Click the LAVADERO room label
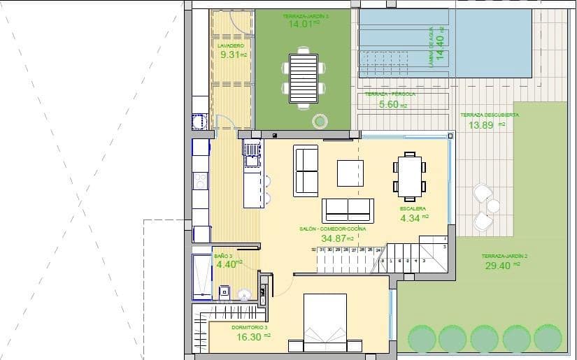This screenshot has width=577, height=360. [230, 45]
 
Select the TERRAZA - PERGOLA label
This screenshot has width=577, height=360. [390, 94]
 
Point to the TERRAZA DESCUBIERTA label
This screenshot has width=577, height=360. [489, 115]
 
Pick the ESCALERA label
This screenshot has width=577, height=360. [413, 209]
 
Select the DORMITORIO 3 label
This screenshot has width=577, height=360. [249, 327]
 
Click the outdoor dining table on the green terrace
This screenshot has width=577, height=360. [304, 78]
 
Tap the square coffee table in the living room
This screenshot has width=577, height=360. [350, 173]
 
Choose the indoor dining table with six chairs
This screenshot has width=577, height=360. [408, 174]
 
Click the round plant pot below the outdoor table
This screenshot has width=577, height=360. [320, 121]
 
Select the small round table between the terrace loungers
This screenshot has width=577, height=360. [494, 206]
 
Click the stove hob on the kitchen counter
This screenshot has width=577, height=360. [201, 181]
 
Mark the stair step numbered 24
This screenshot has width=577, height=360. [378, 250]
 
